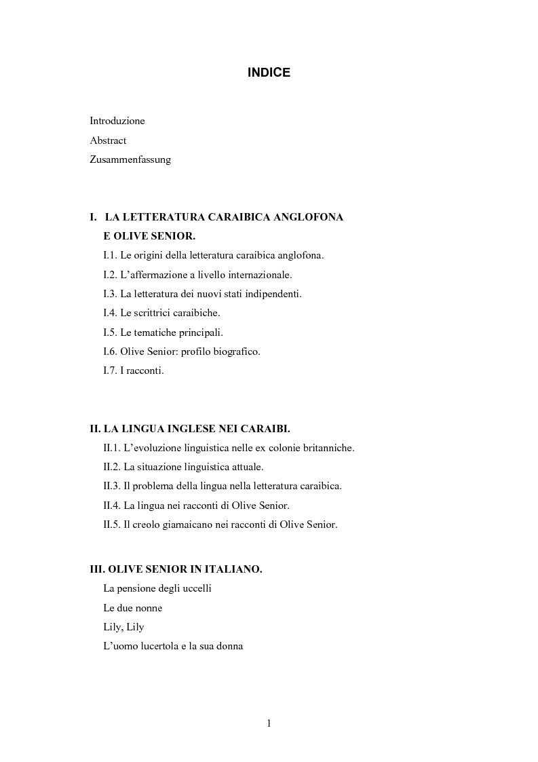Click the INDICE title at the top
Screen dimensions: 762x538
[x=269, y=73]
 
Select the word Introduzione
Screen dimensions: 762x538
[x=117, y=121]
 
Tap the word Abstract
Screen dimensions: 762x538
[x=108, y=140]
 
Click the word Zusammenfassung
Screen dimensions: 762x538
[x=130, y=160]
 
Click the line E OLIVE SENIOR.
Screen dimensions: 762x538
[x=149, y=236]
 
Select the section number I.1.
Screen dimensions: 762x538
[x=110, y=256]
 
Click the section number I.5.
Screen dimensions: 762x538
[x=110, y=332]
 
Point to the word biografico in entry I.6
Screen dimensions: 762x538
[x=236, y=351]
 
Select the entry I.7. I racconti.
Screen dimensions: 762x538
[x=134, y=371]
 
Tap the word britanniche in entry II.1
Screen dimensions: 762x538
[x=327, y=448]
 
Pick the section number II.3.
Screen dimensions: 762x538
[x=113, y=486]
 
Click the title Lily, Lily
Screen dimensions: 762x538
[x=123, y=627]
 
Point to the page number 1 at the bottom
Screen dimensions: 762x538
[x=269, y=723]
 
